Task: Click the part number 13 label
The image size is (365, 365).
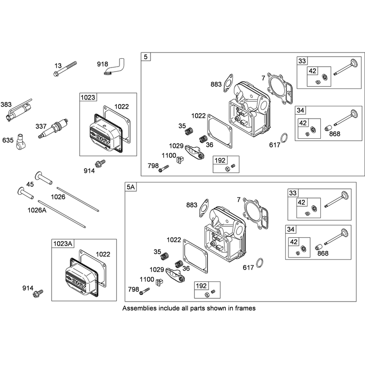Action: coord(58,66)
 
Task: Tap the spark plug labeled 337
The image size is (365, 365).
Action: coord(53,129)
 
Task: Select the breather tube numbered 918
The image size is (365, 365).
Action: coord(114,67)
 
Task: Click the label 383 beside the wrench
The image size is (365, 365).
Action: coord(6,104)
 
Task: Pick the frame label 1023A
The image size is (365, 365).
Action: coord(63,244)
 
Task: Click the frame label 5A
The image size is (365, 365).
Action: coord(131,187)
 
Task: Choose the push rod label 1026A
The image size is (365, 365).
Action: coord(37,210)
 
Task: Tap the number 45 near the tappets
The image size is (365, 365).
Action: coord(30,184)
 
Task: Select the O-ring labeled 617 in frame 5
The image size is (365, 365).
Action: coord(284,138)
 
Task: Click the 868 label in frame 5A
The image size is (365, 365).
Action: coord(323,253)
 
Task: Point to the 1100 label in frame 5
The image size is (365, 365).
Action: coord(169,155)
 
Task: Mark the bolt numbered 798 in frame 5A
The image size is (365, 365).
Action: coord(145,291)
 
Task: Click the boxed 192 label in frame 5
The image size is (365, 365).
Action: coord(220,161)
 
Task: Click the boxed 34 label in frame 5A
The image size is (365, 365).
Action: coord(291,229)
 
